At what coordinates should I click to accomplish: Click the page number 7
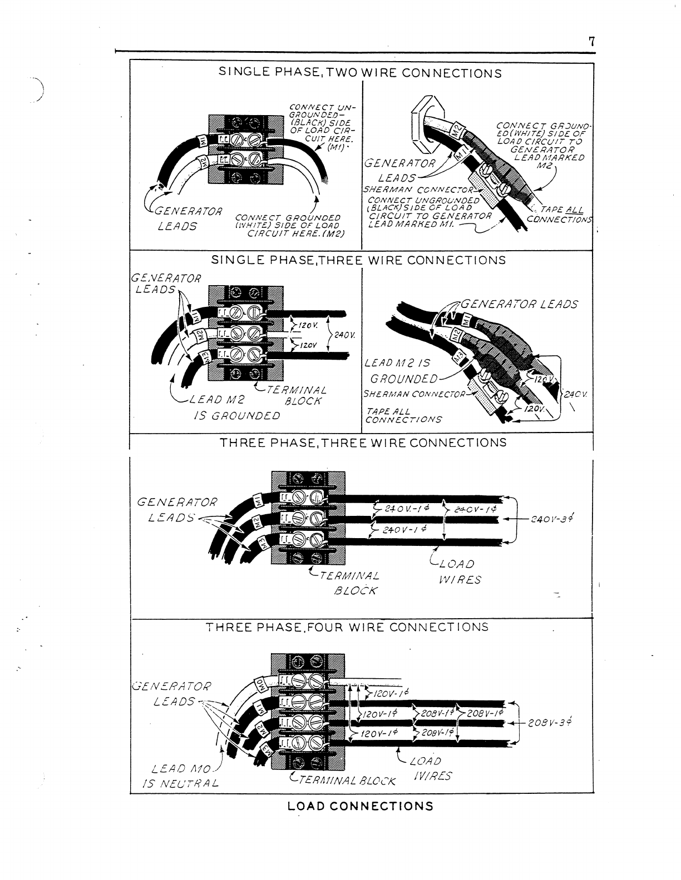click(x=592, y=42)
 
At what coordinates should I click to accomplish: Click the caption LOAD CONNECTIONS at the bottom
click(x=360, y=806)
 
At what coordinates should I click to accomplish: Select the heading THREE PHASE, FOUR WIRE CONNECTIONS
click(x=347, y=627)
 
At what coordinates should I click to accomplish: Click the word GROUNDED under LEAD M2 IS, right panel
click(x=404, y=379)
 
